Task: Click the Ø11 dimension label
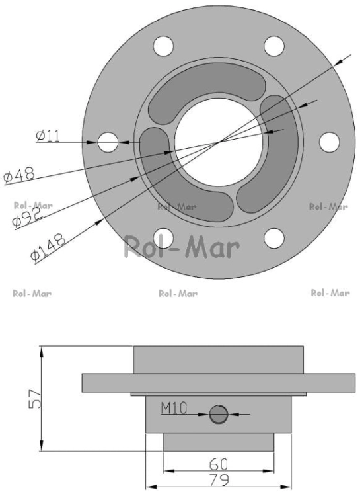coord(48,136)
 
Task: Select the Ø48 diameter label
coord(20,175)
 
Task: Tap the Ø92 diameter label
coord(28,218)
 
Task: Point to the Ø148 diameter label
coord(48,247)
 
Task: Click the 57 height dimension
coord(34,399)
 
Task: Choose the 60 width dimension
coord(219,464)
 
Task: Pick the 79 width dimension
coord(219,480)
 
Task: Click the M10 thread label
coord(174,408)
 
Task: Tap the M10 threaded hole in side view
coord(219,415)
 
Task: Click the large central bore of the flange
coord(219,142)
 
